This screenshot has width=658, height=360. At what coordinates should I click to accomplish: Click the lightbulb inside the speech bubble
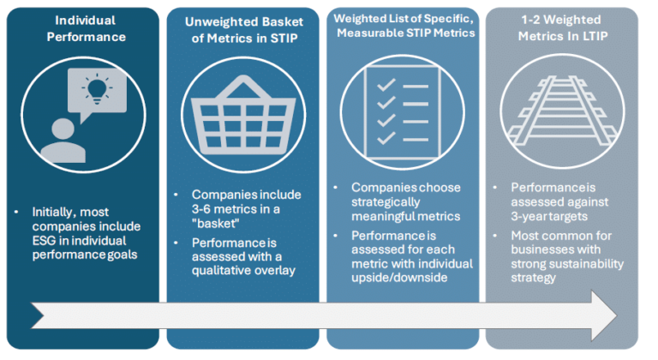97,89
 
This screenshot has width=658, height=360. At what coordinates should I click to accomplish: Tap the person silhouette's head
63,129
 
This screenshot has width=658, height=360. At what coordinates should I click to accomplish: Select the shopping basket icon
243,115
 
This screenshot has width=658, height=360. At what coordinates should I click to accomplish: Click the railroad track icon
562,111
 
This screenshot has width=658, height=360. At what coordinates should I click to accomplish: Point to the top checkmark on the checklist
386,85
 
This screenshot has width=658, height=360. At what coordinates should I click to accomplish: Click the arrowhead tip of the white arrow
617,315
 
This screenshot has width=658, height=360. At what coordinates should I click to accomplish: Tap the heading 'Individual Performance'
86,28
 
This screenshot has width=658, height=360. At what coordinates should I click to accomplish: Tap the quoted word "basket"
215,224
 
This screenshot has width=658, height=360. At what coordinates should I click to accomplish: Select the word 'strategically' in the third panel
386,202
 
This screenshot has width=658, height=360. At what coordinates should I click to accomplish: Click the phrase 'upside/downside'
399,278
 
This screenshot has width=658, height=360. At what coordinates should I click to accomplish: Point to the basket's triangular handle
243,87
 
